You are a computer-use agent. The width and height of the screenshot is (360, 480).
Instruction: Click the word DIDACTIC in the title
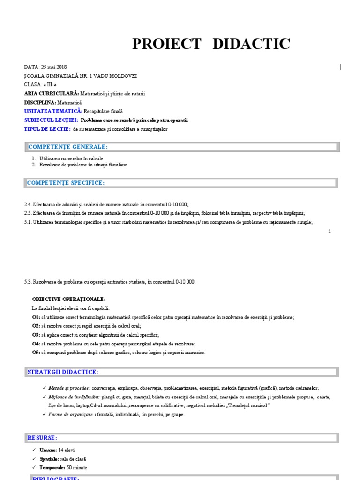click(251, 44)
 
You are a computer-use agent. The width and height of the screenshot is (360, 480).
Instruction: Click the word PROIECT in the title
click(167, 44)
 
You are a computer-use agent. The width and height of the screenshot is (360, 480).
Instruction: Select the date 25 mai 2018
click(52, 67)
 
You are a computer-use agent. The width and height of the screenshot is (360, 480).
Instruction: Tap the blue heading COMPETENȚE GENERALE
click(67, 147)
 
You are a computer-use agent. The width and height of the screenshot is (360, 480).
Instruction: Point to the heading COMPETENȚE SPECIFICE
click(66, 182)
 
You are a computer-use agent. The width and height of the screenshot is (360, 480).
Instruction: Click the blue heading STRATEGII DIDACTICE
click(63, 372)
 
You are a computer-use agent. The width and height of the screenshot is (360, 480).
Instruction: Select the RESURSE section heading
click(42, 438)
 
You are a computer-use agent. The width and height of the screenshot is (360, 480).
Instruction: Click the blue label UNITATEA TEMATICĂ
click(53, 111)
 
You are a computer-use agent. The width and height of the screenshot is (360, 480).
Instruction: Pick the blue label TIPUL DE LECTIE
click(47, 129)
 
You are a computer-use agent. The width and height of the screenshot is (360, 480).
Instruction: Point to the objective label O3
click(36, 335)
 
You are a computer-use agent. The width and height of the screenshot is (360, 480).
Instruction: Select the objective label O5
click(36, 352)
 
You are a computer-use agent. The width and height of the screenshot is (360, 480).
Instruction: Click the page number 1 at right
click(330, 231)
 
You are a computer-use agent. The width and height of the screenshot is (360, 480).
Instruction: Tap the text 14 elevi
click(66, 450)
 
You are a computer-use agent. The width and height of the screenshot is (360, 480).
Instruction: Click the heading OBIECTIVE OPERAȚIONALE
click(69, 299)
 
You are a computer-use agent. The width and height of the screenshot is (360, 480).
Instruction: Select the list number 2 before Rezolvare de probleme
click(34, 165)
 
